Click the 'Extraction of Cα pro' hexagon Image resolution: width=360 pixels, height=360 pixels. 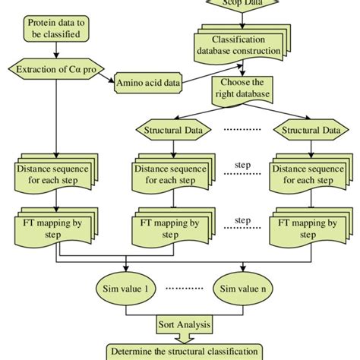point(57,70)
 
